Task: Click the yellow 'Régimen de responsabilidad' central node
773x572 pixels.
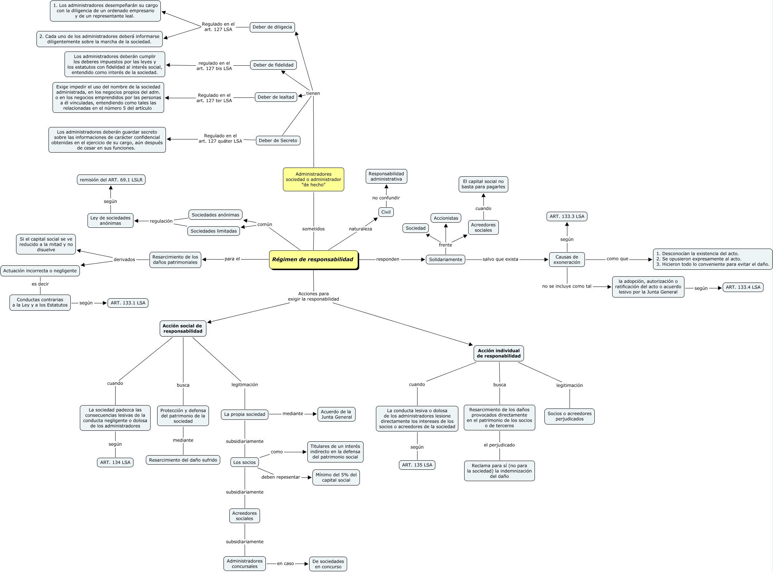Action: pyautogui.click(x=313, y=260)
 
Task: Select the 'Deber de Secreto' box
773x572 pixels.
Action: pyautogui.click(x=278, y=141)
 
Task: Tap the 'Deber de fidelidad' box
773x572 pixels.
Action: pyautogui.click(x=273, y=65)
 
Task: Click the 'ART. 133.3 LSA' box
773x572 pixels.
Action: pyautogui.click(x=567, y=216)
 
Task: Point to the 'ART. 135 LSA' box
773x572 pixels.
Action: pyautogui.click(x=417, y=465)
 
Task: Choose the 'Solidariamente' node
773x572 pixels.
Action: pyautogui.click(x=445, y=260)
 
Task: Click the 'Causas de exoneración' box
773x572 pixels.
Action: pyautogui.click(x=567, y=260)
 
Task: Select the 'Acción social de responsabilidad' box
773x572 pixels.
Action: pyautogui.click(x=183, y=329)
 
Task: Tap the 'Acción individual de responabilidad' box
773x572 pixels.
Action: pyautogui.click(x=498, y=353)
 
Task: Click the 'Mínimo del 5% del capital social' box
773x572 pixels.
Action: pyautogui.click(x=336, y=477)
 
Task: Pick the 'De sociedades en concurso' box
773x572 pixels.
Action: pyautogui.click(x=328, y=564)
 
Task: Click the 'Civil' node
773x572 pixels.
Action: pyautogui.click(x=386, y=212)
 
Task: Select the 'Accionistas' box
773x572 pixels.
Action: pyautogui.click(x=446, y=218)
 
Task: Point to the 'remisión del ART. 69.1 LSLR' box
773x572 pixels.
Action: pyautogui.click(x=111, y=180)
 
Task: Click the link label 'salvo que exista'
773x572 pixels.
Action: pyautogui.click(x=500, y=259)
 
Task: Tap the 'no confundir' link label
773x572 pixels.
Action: pyautogui.click(x=386, y=198)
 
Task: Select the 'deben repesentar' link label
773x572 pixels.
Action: pyautogui.click(x=280, y=477)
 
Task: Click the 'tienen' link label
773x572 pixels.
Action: pyautogui.click(x=313, y=93)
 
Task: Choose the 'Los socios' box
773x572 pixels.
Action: pyautogui.click(x=244, y=462)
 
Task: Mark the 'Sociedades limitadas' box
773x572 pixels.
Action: pyautogui.click(x=214, y=231)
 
